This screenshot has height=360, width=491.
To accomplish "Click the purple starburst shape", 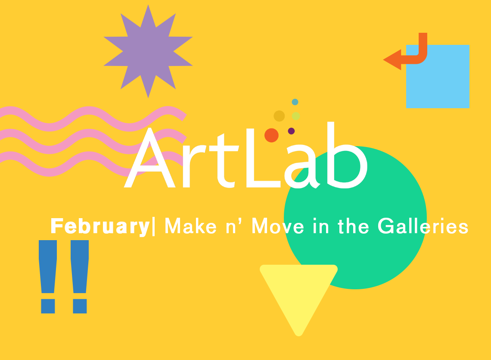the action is [148, 51].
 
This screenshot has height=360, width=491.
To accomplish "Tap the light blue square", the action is [438, 76].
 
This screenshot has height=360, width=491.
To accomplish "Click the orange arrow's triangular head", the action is [392, 59].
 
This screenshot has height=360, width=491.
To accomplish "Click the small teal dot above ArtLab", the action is [295, 102].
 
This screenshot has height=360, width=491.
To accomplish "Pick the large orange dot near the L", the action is [271, 135].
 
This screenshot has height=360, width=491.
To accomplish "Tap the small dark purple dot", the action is [291, 131].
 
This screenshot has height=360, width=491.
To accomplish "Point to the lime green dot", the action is [295, 116].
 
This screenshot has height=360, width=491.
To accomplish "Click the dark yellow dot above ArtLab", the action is [279, 116].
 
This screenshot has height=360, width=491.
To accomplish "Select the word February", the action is [100, 226].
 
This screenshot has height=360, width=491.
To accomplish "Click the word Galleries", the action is [423, 225].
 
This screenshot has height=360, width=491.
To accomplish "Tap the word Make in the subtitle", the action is [191, 225].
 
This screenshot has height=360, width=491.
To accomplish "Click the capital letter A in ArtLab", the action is [150, 158].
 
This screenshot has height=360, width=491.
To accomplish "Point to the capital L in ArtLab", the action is [263, 158].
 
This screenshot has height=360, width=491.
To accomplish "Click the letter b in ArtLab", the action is [347, 155].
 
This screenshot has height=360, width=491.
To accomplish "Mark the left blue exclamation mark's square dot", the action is [48, 306].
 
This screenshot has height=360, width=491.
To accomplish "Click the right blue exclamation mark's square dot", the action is [80, 306].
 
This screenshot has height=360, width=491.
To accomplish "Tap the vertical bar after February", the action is [153, 226].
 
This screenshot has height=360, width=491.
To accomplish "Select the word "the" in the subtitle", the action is [353, 225].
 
